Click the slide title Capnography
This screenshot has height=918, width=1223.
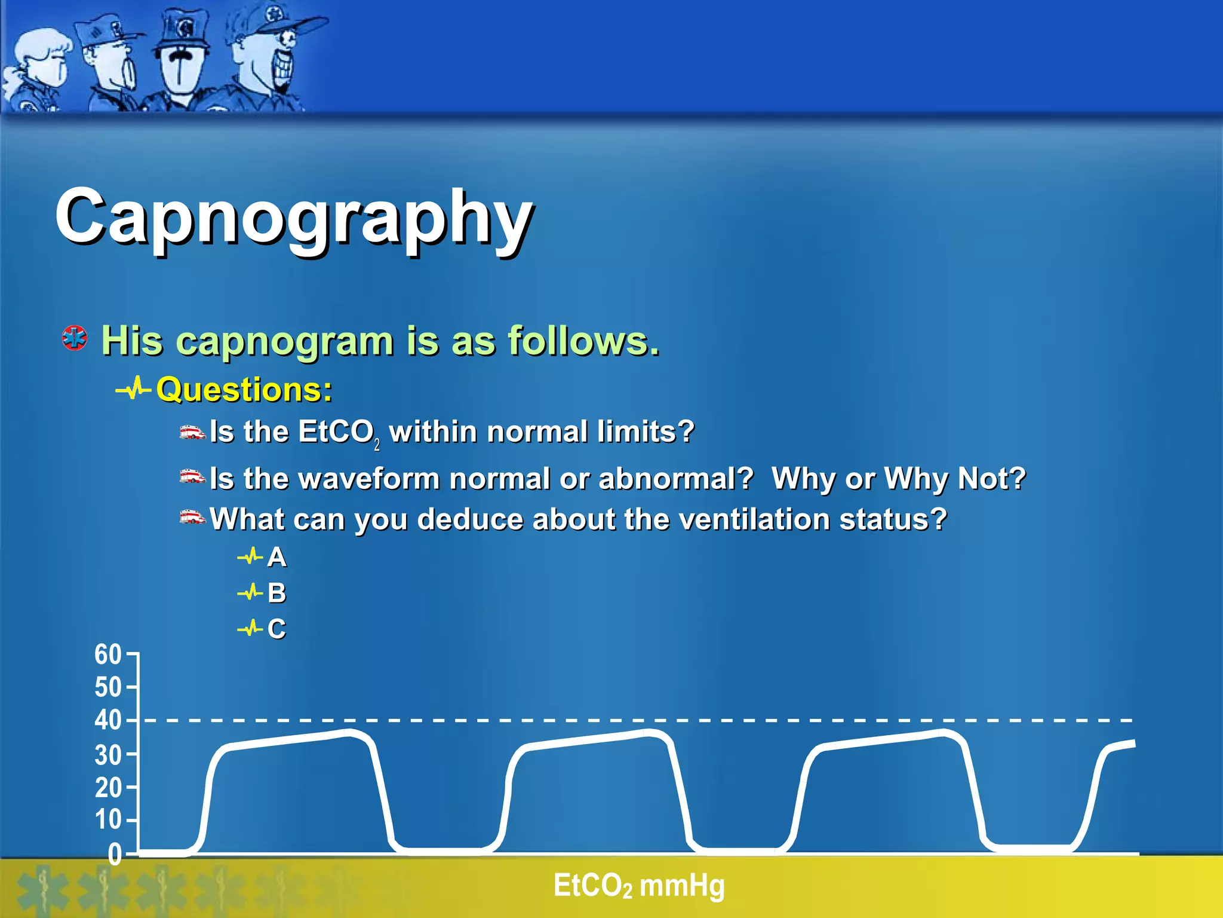point(294,218)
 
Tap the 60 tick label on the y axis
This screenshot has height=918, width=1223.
point(108,654)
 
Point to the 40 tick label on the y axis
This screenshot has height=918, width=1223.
point(108,720)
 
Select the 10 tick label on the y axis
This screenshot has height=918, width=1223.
point(108,819)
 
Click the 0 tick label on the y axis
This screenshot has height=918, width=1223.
point(115,856)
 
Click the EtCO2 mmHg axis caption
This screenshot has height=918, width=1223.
point(638,886)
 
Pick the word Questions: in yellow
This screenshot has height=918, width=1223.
point(244,390)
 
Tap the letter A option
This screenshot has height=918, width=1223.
point(276,557)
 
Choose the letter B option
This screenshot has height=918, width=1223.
point(276,593)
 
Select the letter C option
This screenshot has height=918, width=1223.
point(276,629)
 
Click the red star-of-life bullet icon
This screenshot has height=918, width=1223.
point(75,338)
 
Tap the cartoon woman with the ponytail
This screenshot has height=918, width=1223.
point(36,66)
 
